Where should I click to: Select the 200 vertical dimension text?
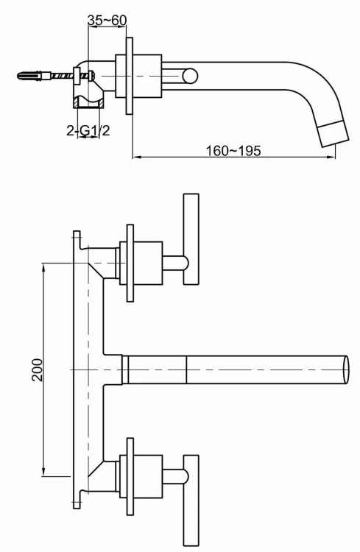[x=38, y=369]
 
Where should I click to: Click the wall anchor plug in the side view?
[x=32, y=74]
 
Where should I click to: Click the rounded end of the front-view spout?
[x=346, y=369]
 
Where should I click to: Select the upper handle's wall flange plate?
[x=130, y=262]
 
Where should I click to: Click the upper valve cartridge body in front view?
[x=149, y=262]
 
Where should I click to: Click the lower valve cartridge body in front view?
[x=149, y=475]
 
